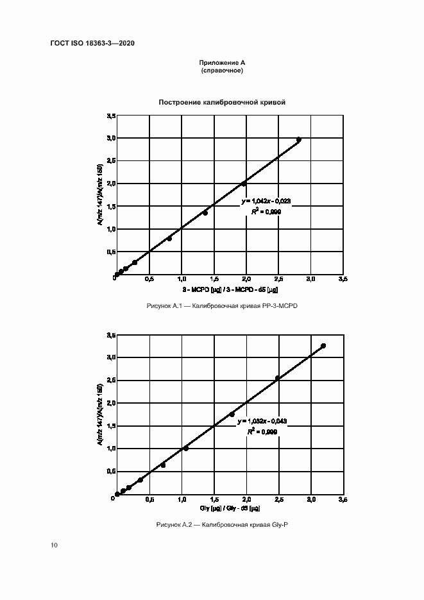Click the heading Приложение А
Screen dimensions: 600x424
pos(222,62)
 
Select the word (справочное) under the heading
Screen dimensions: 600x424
pos(222,70)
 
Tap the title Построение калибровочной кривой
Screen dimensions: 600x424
pos(222,102)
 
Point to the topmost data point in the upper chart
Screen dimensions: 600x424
pos(299,139)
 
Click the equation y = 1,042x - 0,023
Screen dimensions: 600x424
pos(266,201)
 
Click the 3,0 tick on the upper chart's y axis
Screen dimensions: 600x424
pos(111,138)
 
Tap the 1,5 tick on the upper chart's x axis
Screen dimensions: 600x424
pos(214,280)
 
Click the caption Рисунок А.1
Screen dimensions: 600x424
pos(222,306)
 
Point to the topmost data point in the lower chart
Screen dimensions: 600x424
pos(323,346)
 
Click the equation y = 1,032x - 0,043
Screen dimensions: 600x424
pos(262,421)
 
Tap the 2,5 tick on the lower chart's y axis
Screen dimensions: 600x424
pos(111,381)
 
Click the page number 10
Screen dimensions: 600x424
pos(54,545)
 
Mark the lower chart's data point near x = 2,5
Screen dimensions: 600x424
pos(278,378)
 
